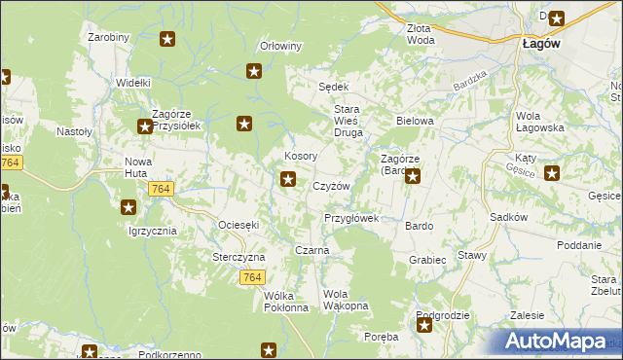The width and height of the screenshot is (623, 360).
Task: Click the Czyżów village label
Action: [331, 186]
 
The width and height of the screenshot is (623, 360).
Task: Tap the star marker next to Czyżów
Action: [288, 178]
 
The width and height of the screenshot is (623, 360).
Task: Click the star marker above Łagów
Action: [556, 17]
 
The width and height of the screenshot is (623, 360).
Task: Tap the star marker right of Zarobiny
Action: [167, 39]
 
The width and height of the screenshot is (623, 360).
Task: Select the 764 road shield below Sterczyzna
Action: [252, 277]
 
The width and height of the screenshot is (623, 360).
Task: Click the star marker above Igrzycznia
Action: [128, 206]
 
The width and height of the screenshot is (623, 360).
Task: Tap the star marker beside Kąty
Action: [552, 174]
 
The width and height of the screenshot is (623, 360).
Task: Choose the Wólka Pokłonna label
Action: [286, 302]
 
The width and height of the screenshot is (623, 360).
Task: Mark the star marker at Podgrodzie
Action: [424, 326]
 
